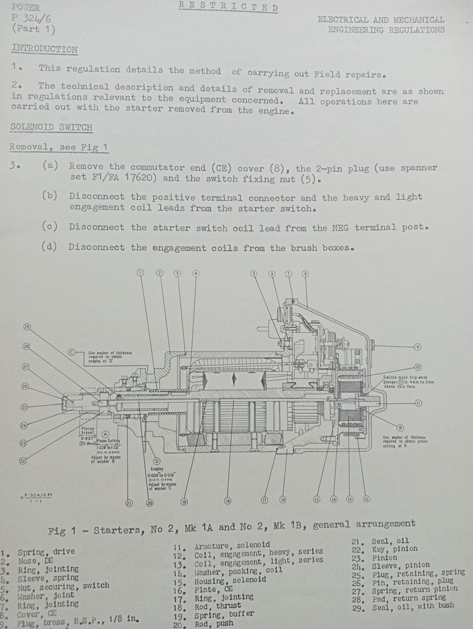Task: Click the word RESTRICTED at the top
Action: [x=228, y=6]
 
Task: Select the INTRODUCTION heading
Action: [x=45, y=49]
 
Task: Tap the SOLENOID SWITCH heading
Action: [x=51, y=127]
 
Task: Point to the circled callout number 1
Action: [x=140, y=273]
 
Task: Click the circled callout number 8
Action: [x=305, y=274]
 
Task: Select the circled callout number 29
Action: [x=27, y=327]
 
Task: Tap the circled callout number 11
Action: [x=418, y=403]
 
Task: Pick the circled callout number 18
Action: [x=227, y=501]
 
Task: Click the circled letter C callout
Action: [x=71, y=352]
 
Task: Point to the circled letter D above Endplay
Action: [x=157, y=461]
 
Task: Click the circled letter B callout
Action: [x=400, y=428]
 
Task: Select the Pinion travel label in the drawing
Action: [x=88, y=430]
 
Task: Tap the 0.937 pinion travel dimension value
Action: [x=87, y=438]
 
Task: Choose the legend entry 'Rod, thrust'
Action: [x=218, y=606]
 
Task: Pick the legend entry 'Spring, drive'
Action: [x=46, y=552]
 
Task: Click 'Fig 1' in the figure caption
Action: [x=61, y=531]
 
